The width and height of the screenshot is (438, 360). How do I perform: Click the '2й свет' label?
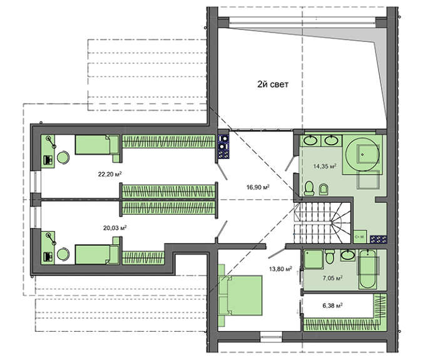click(x=272, y=84)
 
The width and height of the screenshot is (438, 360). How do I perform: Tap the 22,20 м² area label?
click(x=109, y=174)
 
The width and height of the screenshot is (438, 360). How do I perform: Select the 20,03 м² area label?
click(x=115, y=228)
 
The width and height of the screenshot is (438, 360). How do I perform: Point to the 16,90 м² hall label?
click(x=258, y=187)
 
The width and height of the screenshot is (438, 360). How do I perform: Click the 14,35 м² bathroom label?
click(x=324, y=167)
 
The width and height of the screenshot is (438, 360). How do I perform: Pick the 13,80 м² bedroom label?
click(x=280, y=269)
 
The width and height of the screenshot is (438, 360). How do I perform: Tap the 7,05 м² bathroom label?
click(x=332, y=278)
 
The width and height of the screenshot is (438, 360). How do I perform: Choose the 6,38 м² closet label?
click(x=332, y=306)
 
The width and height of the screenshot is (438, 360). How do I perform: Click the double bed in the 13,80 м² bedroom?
click(x=240, y=295)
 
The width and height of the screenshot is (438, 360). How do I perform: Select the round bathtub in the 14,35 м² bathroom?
click(x=362, y=154)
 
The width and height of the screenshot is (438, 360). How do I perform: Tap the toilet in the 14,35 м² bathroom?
click(x=309, y=188)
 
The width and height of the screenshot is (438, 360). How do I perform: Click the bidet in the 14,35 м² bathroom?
click(x=323, y=189)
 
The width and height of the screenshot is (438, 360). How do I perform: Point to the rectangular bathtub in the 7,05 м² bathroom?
click(x=367, y=269)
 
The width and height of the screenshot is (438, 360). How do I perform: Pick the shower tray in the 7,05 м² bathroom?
click(x=313, y=260)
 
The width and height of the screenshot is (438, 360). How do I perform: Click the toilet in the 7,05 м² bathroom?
click(x=330, y=257)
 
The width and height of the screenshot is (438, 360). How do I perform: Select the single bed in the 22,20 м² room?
click(x=97, y=145)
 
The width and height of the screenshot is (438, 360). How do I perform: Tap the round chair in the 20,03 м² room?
click(x=63, y=254)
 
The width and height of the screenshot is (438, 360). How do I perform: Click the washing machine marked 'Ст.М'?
click(x=360, y=237)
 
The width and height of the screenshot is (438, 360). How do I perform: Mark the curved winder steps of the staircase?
click(x=341, y=223)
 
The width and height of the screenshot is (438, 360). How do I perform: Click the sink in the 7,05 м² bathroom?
click(x=348, y=255)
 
